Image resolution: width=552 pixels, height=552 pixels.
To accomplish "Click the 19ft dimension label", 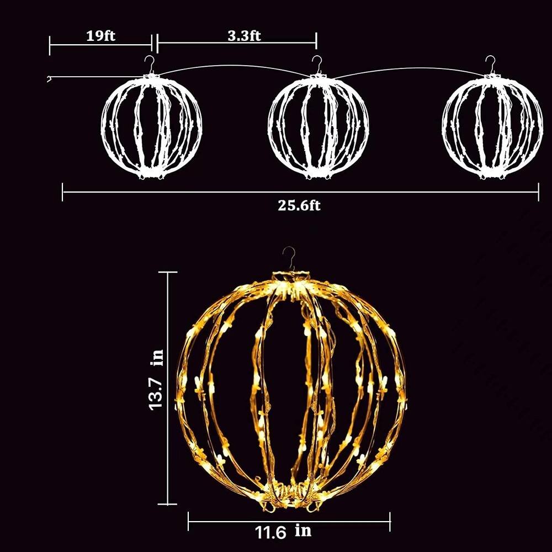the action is [x=100, y=36].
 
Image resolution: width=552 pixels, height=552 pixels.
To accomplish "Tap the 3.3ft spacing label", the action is [x=244, y=36].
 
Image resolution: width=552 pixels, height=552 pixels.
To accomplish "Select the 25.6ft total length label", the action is [x=299, y=205].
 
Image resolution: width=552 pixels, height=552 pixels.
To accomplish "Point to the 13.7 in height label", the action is [x=156, y=380].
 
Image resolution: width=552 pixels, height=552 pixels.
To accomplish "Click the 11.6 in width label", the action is [x=283, y=532].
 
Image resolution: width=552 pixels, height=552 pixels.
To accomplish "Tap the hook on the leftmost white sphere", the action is [x=151, y=65].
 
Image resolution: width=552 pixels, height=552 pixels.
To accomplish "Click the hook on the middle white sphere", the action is [x=317, y=65].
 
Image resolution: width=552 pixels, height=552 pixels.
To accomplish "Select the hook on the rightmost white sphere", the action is [x=490, y=65].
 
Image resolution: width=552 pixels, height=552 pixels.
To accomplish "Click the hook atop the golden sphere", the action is [x=289, y=258].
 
